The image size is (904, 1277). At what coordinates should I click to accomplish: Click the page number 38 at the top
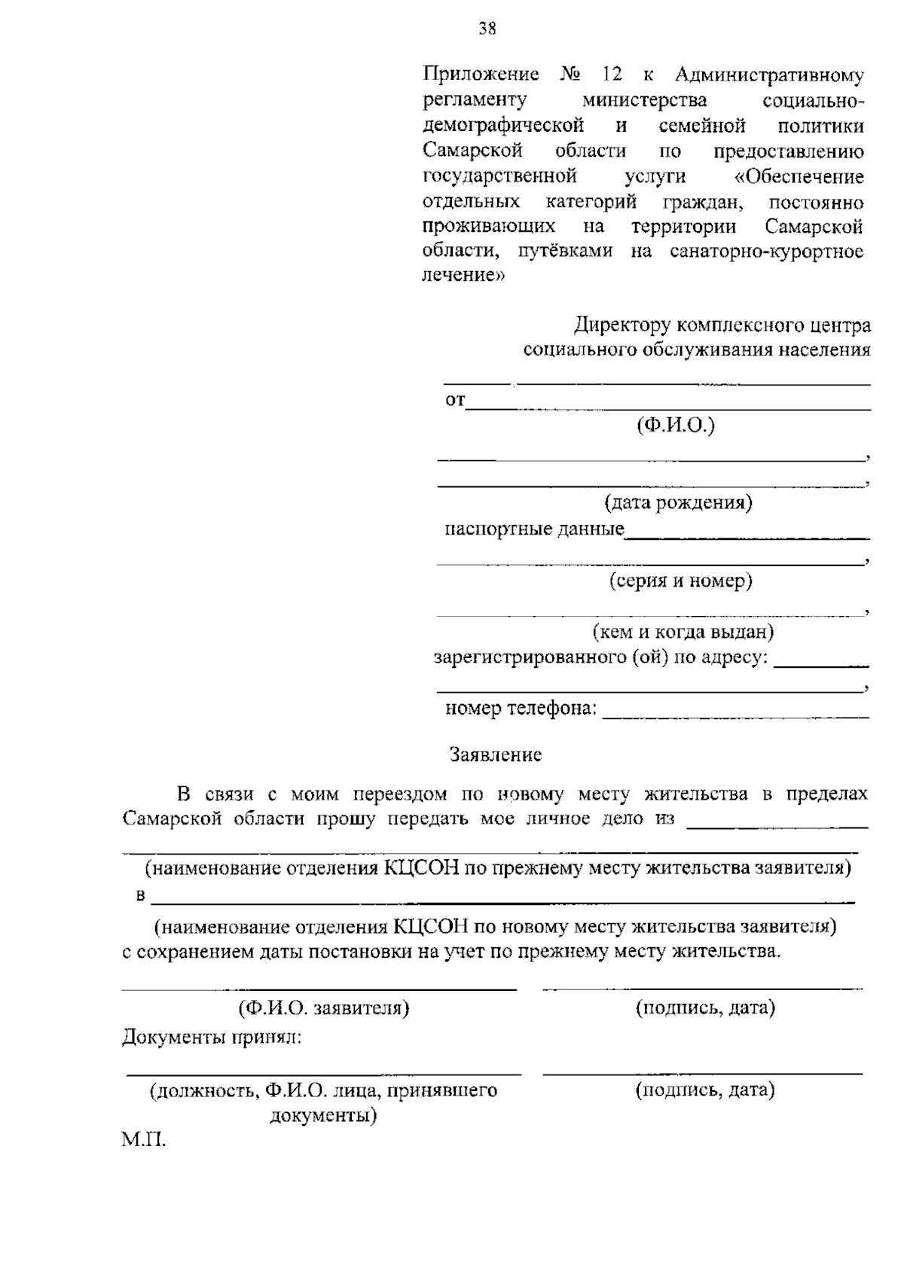point(487,29)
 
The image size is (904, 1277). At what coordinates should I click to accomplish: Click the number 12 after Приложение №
point(611,75)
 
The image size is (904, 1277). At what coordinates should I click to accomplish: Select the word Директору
point(622,326)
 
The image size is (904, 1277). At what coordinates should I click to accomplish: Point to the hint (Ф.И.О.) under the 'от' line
point(676,425)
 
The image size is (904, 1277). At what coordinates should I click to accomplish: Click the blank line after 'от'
point(667,408)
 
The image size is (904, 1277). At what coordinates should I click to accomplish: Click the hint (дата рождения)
point(678,502)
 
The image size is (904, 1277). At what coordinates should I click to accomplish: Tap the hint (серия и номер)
point(680,581)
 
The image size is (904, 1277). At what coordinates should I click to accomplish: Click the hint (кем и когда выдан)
point(683,631)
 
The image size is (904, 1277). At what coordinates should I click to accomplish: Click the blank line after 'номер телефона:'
point(735,716)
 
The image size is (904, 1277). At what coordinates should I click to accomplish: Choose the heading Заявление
point(495,754)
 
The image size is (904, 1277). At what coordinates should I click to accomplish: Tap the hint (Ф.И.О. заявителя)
point(324,1008)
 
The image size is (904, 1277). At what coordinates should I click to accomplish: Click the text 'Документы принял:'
point(212,1038)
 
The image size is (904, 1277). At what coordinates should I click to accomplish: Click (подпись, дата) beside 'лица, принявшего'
point(705,1090)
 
